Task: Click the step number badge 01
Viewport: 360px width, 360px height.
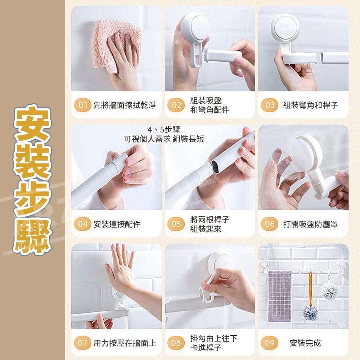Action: coord(83,105)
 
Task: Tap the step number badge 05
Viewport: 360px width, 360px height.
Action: coord(176,224)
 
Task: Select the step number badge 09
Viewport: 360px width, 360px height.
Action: coord(270,343)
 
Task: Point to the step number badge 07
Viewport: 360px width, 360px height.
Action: coord(83,343)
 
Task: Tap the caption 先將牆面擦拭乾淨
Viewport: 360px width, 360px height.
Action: coord(125,105)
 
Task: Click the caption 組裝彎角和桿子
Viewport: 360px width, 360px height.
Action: coord(310,105)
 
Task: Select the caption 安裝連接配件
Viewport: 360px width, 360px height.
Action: coord(117,224)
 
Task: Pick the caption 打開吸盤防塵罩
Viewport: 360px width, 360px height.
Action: coord(310,224)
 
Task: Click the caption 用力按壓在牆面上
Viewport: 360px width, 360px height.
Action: coord(125,343)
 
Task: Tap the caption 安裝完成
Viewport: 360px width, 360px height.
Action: coord(305,343)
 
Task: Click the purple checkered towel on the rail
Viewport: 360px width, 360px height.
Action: coord(280,296)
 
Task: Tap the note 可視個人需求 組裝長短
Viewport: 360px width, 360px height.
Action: coord(164,139)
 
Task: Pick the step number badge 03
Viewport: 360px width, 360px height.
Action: coord(270,105)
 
